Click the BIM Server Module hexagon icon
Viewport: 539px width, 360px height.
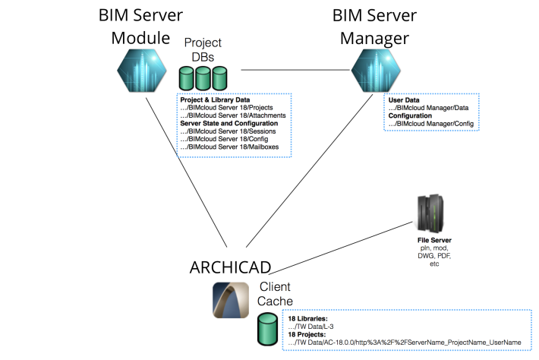click(142, 70)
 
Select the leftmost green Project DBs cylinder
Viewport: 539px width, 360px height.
click(187, 79)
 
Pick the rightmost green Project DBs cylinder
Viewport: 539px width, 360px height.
click(220, 79)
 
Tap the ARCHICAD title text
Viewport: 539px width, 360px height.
click(229, 268)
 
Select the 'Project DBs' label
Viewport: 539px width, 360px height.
click(203, 50)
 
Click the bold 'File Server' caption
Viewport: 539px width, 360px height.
click(429, 241)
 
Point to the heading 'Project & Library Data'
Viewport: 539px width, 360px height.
click(215, 100)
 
